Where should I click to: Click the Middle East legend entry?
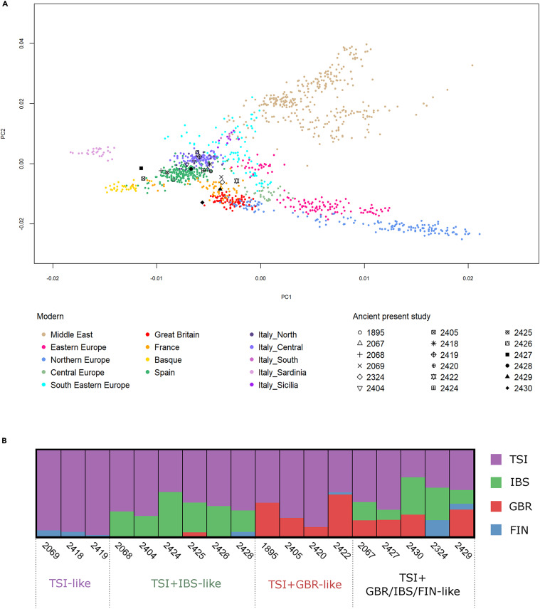point(67,334)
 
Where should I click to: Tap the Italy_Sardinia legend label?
point(282,373)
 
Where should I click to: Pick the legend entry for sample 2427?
point(518,354)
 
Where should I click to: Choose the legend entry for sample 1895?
point(371,332)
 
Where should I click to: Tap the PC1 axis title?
point(286,297)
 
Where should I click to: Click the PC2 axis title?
point(3,134)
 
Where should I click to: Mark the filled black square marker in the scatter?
point(141,168)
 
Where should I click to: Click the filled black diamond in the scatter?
point(202,202)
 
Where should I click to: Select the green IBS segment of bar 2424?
point(171,514)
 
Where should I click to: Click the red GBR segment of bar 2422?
point(340,515)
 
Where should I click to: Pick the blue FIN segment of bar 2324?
point(437,528)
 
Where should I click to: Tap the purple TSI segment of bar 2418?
point(73,491)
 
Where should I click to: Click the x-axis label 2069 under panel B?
point(51,551)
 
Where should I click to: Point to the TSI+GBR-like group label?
point(305,584)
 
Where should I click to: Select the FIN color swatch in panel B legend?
point(496,530)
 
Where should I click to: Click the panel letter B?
point(4,440)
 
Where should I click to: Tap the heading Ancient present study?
point(391,316)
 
